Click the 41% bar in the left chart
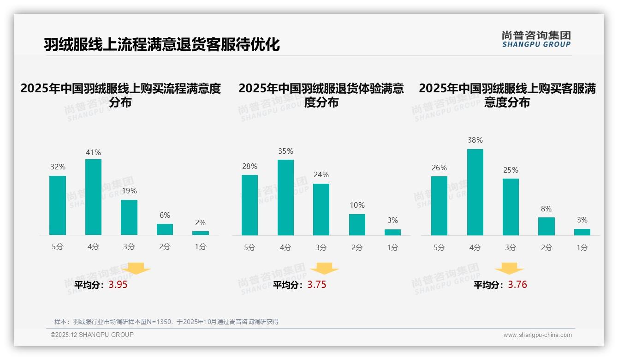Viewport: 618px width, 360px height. [93, 197]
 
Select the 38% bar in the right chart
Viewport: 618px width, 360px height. [475, 192]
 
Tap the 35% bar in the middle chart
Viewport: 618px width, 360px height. [285, 198]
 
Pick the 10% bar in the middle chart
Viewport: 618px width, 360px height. [357, 225]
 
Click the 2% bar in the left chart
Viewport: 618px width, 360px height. [201, 233]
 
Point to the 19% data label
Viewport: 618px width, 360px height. [129, 191]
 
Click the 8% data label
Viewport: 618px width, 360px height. [546, 209]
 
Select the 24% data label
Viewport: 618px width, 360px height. [321, 174]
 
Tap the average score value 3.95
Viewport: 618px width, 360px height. [118, 285]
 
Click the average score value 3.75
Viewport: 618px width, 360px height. [317, 285]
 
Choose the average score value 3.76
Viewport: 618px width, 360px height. [517, 285]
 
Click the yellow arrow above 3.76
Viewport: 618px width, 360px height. [509, 269]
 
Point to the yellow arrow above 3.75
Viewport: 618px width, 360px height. [324, 269]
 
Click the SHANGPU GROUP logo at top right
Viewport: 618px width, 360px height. [536, 39]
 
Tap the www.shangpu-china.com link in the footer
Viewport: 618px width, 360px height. [537, 335]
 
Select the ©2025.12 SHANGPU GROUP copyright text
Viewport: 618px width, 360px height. [92, 335]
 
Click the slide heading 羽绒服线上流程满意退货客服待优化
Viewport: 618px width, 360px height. [162, 45]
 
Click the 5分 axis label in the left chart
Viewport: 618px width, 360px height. [58, 247]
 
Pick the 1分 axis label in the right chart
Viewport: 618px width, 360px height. [582, 247]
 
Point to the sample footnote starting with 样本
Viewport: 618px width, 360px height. [166, 322]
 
